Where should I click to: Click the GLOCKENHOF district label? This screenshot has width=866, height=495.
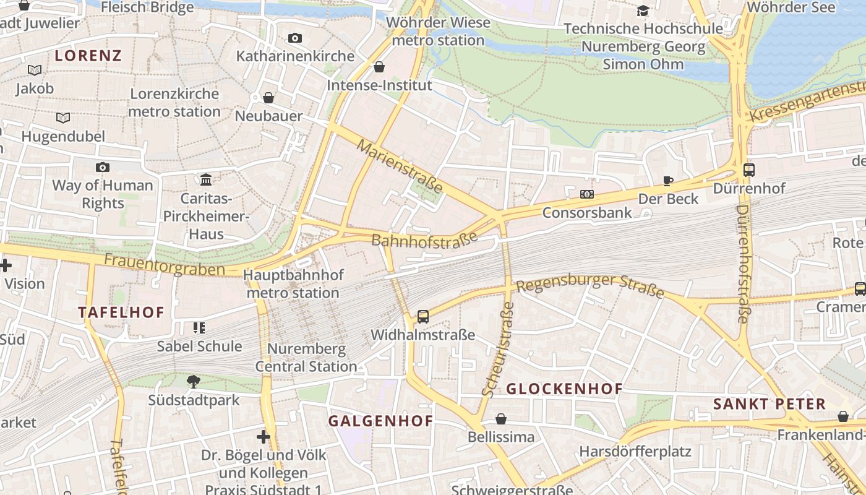click(564, 389)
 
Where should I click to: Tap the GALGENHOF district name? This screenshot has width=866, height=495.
click(380, 421)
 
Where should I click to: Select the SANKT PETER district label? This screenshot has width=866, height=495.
click(770, 405)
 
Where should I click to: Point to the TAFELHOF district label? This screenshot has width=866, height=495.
click(121, 312)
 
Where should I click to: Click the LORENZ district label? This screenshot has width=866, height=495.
click(88, 56)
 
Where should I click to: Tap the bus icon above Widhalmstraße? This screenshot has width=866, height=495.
click(423, 317)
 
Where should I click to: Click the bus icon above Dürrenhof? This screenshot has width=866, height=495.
click(749, 170)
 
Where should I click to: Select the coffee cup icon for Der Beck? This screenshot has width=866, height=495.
click(668, 181)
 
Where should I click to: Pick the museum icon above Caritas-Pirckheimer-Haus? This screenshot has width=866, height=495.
click(206, 179)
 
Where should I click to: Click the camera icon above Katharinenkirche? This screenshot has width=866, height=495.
click(295, 38)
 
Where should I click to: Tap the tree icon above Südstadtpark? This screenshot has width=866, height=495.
click(194, 381)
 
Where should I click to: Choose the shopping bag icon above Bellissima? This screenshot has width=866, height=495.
click(501, 420)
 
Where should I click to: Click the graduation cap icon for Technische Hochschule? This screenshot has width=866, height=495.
click(643, 11)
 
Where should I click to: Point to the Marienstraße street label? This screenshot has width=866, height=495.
click(400, 166)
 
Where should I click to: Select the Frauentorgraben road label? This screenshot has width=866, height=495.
click(164, 265)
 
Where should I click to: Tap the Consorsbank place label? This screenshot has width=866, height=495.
click(587, 213)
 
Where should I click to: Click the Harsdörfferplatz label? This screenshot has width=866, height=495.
click(635, 451)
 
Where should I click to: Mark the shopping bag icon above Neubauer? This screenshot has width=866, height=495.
click(268, 98)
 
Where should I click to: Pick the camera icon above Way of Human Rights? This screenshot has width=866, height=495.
click(103, 167)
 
